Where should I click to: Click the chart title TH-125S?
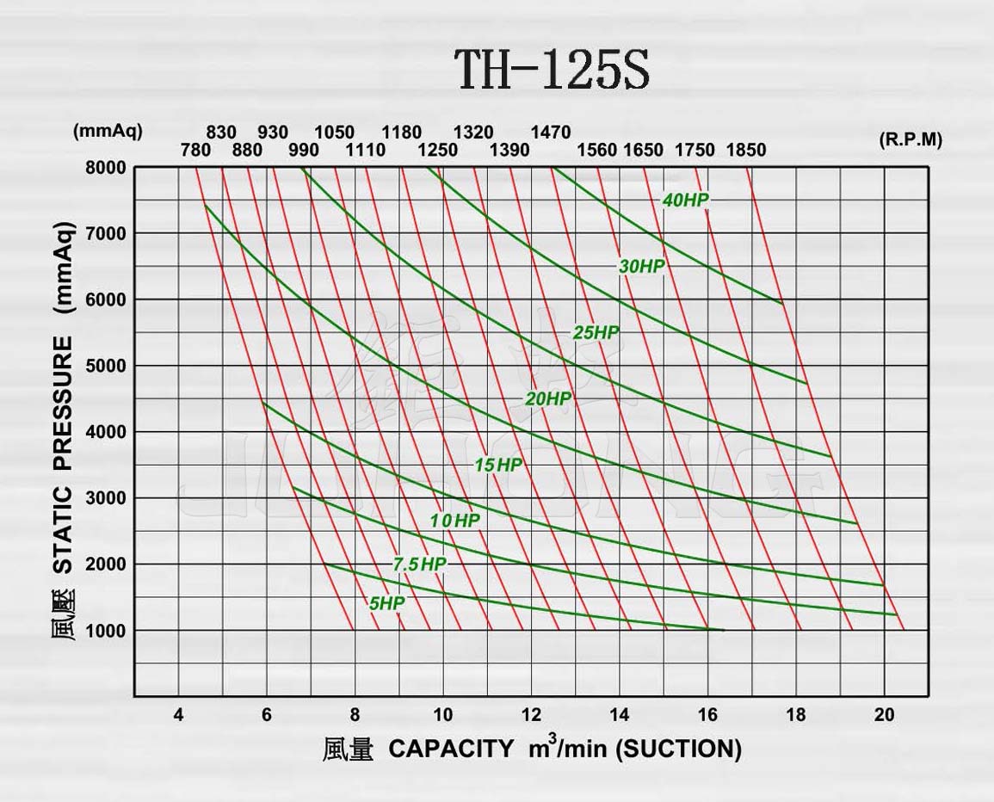point(551,70)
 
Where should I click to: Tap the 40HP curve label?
point(685,200)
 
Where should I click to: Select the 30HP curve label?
point(642,267)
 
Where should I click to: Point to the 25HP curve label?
point(596,333)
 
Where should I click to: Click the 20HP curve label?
point(548,399)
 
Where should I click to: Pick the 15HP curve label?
point(498,466)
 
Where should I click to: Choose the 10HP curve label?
point(455,521)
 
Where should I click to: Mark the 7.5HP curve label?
point(419,565)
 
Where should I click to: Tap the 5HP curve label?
point(386,604)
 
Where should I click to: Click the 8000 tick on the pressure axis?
point(105,168)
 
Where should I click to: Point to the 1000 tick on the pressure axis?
point(105,631)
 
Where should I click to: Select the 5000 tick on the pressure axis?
point(105,366)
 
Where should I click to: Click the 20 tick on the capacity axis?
point(884,715)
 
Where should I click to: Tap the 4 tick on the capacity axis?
point(178,715)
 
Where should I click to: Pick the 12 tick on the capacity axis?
point(531,715)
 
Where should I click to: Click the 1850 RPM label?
point(745,151)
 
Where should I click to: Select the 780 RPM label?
point(195,151)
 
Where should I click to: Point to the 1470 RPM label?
point(551,133)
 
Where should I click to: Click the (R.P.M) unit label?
point(911,140)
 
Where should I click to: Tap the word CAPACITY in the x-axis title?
point(451,749)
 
